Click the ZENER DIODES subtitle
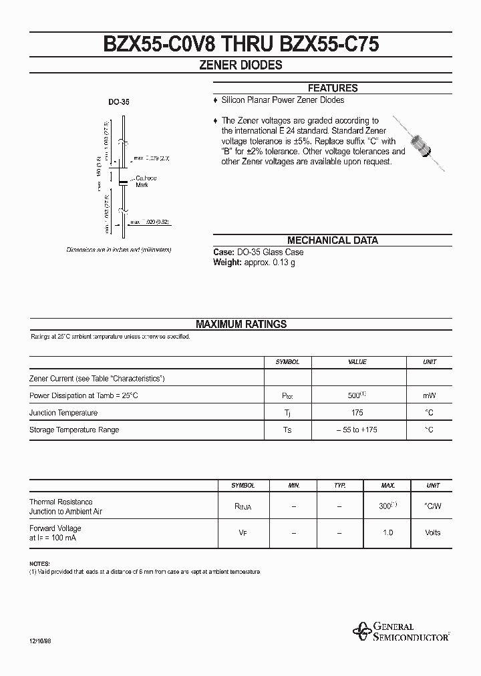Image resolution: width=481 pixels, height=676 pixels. point(240,65)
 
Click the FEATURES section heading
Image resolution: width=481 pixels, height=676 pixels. point(332,88)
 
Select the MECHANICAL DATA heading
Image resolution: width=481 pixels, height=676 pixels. point(332,240)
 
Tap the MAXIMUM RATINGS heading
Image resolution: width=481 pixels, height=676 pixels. point(240,324)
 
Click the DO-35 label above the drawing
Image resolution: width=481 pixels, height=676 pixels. point(119,103)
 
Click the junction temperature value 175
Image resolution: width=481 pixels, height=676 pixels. point(357,413)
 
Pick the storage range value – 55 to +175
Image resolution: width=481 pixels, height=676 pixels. point(357,430)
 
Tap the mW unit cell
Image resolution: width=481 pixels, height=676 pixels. point(430,395)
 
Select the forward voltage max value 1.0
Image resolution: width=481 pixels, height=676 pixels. point(388,533)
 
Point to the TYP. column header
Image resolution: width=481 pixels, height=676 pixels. point(339,486)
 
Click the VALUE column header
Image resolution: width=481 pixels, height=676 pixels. point(357,362)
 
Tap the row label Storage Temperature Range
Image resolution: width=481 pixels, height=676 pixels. point(74,430)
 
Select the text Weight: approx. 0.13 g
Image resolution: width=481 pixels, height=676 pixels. point(255,263)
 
